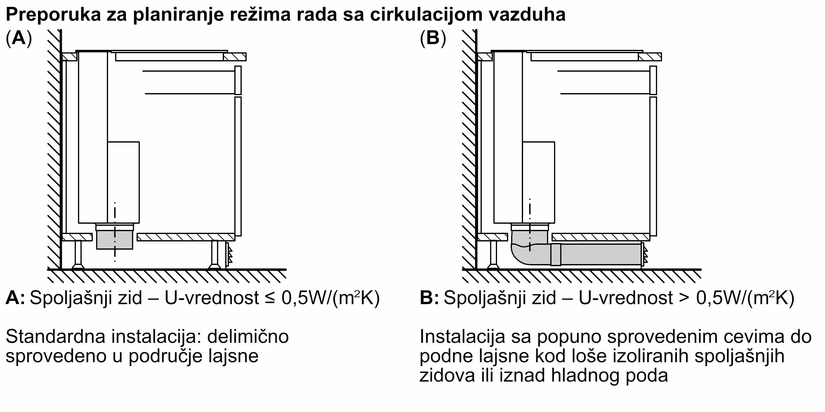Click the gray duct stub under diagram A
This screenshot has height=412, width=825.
[x=115, y=240]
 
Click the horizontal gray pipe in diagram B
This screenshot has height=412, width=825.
[x=600, y=254]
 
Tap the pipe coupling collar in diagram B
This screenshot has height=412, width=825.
[x=556, y=254]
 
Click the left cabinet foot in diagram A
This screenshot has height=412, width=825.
[x=78, y=254]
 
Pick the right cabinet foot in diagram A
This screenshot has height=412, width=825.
[x=214, y=254]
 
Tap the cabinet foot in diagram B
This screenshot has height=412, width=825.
[x=493, y=254]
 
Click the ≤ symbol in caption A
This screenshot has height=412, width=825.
[x=271, y=298]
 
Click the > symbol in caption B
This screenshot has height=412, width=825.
[x=685, y=298]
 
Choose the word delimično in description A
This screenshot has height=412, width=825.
[x=247, y=337]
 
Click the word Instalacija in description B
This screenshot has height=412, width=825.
[x=462, y=337]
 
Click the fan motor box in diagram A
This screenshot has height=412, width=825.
[x=123, y=182]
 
